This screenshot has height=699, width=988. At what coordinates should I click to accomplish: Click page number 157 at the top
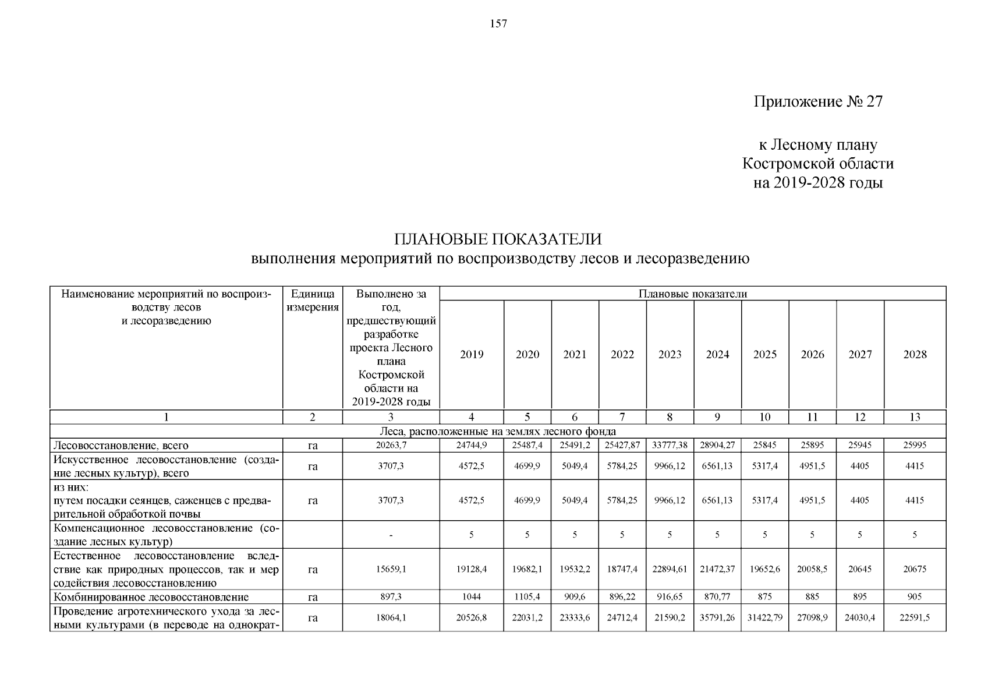coord(499,24)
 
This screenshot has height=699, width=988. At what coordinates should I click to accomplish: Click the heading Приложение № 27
coord(818,102)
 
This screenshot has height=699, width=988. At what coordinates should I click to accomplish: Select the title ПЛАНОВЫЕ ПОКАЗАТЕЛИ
coord(498,239)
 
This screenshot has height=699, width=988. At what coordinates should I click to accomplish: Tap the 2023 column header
coord(670,355)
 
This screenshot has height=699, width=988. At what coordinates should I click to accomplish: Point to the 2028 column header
coord(915,355)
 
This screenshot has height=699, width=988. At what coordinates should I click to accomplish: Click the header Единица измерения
coord(313,301)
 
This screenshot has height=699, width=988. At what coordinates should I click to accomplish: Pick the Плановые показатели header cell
coord(692,294)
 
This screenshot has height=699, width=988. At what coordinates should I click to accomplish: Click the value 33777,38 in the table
coord(670,446)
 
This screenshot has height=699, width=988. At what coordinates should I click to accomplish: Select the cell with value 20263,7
coord(391,446)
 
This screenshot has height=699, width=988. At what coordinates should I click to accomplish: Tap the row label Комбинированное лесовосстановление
coord(151,597)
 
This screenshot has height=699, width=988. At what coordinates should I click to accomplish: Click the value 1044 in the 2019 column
coord(472,597)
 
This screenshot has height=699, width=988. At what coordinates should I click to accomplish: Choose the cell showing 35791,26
coord(717,618)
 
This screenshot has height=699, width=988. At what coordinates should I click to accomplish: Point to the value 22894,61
coord(670,569)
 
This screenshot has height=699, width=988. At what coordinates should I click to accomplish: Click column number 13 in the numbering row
coord(915,417)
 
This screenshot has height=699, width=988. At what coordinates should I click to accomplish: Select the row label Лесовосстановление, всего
coord(121,446)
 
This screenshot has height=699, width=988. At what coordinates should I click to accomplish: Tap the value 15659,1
coord(391,569)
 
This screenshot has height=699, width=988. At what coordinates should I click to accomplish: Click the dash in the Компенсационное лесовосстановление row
coord(391,535)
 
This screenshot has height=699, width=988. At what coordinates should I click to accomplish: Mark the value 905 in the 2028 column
coord(915,597)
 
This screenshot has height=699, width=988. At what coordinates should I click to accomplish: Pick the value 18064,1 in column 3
coord(391,618)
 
